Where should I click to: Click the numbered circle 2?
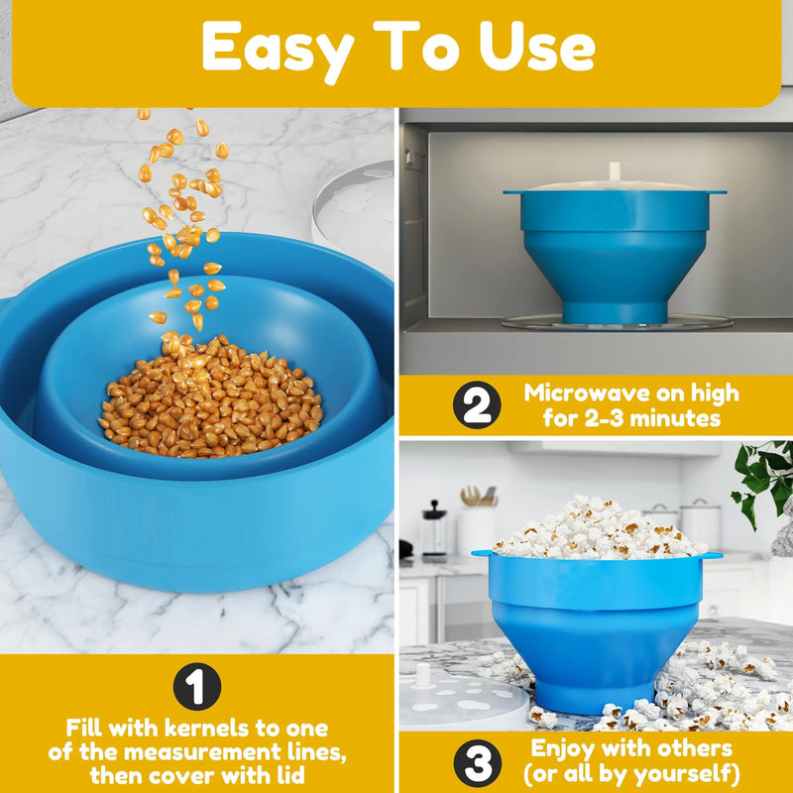click(x=477, y=406)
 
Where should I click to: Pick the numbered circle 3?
click(x=477, y=762)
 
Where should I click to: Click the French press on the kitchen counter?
click(x=433, y=531)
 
